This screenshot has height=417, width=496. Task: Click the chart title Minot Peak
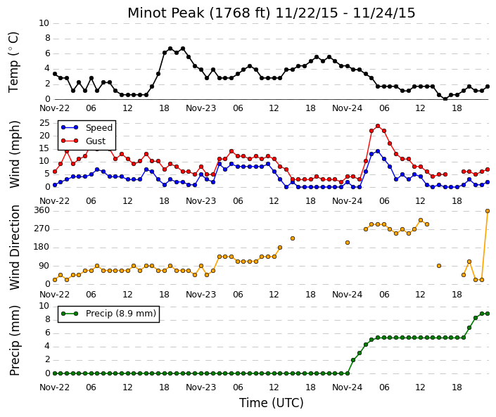point(166,13)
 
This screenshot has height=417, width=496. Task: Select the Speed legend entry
point(87,128)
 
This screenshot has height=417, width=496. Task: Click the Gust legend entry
point(83,141)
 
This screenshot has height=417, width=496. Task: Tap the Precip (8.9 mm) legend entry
point(109,314)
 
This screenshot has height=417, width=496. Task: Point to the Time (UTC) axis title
point(272,403)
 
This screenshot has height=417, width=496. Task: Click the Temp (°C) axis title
point(13,63)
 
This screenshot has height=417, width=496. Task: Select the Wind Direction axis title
point(15,248)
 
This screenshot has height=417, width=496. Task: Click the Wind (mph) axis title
point(15,155)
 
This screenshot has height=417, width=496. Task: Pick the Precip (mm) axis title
point(15,340)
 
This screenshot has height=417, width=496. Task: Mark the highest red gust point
point(378,126)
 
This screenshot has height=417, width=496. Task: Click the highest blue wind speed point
point(378,151)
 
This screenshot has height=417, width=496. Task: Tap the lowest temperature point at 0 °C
point(445,99)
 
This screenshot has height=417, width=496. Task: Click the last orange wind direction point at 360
point(488,211)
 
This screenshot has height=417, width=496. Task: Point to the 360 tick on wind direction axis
point(43,210)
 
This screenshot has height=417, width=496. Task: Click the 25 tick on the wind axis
point(44,123)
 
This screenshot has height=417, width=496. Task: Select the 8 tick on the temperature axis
point(48,38)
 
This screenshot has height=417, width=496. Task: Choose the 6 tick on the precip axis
point(48,333)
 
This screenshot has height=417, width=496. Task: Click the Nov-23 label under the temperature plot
point(201,108)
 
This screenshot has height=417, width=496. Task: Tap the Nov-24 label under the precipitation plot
point(348,387)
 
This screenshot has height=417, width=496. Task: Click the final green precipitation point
point(488,314)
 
